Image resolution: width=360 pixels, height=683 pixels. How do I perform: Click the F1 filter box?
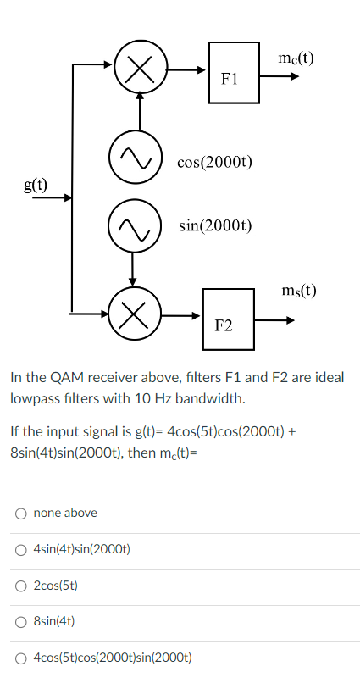235,73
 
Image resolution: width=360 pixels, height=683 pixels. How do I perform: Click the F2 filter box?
229,319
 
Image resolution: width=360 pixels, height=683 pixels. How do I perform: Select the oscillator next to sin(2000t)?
131,226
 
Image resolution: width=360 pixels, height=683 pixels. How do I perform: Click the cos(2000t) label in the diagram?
215,162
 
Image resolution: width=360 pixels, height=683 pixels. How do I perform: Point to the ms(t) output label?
298,291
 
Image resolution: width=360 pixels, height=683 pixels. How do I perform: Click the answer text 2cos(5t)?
57,585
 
